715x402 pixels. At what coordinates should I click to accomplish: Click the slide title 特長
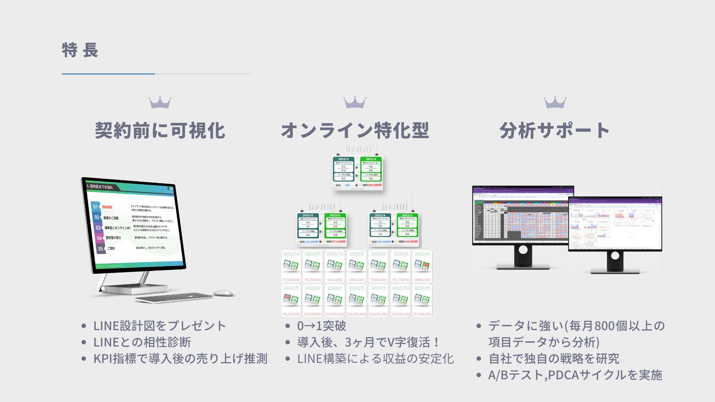(x=80, y=51)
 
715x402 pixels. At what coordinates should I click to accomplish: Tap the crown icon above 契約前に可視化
(x=160, y=102)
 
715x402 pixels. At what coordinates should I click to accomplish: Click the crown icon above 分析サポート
(x=555, y=102)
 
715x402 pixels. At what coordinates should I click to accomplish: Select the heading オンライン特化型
(x=355, y=131)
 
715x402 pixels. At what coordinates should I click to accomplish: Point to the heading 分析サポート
(x=554, y=131)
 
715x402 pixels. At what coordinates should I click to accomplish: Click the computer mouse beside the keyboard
(x=224, y=293)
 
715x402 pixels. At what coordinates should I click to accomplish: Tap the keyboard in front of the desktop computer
(x=174, y=297)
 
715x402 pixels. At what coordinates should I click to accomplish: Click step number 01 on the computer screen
(x=96, y=207)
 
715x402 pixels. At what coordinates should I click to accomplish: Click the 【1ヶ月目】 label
(x=357, y=149)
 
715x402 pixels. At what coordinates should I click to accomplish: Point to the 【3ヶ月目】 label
(x=394, y=207)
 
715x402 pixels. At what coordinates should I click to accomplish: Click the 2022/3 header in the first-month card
(x=343, y=159)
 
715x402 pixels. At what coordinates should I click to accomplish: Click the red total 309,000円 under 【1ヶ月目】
(x=374, y=185)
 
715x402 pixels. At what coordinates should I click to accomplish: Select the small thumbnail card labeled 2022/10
(x=291, y=266)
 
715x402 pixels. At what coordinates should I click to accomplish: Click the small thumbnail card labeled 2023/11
(x=422, y=300)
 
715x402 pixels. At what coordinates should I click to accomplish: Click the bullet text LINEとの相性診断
(x=142, y=342)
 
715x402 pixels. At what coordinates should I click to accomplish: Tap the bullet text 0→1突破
(x=321, y=326)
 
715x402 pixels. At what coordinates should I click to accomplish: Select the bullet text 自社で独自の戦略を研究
(x=554, y=358)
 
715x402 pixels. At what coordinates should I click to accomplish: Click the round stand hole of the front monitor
(x=615, y=256)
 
